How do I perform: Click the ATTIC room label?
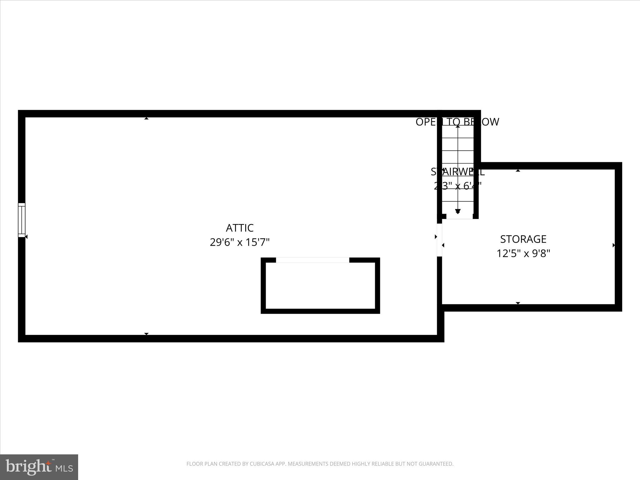pyautogui.click(x=239, y=228)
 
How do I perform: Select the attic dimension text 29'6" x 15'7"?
pyautogui.click(x=239, y=242)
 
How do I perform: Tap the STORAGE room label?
pyautogui.click(x=523, y=239)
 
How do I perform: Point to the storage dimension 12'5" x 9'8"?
pyautogui.click(x=523, y=253)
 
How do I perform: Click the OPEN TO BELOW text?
pyautogui.click(x=457, y=122)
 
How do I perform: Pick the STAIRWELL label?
pyautogui.click(x=457, y=172)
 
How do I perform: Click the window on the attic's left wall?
pyautogui.click(x=22, y=220)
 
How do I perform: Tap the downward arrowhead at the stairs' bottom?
pyautogui.click(x=458, y=212)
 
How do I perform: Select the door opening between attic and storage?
pyautogui.click(x=439, y=240)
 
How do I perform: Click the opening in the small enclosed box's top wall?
pyautogui.click(x=312, y=260)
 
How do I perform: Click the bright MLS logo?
pyautogui.click(x=39, y=467)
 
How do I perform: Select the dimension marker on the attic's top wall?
pyautogui.click(x=146, y=118)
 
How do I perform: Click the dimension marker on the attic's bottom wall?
pyautogui.click(x=146, y=334)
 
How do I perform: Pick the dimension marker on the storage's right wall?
pyautogui.click(x=614, y=245)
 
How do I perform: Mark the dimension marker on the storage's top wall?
pyautogui.click(x=518, y=171)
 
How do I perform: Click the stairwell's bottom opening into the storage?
pyautogui.click(x=459, y=217)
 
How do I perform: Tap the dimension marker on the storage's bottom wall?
pyautogui.click(x=518, y=303)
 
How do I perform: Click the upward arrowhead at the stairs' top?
pyautogui.click(x=458, y=127)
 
